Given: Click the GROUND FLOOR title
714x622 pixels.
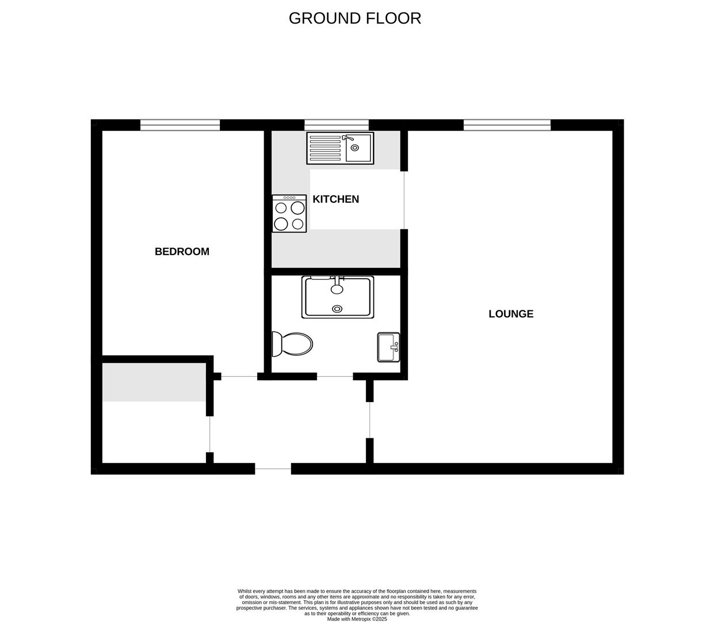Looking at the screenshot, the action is (x=355, y=18).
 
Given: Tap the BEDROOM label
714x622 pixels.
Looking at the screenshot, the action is (x=182, y=252).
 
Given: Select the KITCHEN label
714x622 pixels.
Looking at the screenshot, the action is (x=336, y=199).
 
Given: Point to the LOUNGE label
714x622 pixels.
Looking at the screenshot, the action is (x=511, y=314).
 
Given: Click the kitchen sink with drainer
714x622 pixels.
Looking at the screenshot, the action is (x=340, y=148).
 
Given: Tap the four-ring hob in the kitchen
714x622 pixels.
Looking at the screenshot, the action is (x=289, y=214).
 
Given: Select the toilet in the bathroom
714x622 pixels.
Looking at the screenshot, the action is (x=292, y=344).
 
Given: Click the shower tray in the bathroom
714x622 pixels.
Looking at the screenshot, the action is (x=338, y=297).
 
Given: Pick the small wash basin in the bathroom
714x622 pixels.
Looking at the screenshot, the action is (x=388, y=347).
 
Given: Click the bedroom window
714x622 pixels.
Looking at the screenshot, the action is (x=180, y=125).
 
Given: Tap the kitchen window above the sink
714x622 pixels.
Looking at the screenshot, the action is (x=337, y=125).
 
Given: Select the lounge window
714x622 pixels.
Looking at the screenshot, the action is (x=507, y=125).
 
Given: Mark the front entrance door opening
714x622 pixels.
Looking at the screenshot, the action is (x=273, y=469).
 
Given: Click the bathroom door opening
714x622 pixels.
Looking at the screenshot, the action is (x=335, y=377).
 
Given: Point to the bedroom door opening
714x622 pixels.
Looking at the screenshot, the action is (x=239, y=377).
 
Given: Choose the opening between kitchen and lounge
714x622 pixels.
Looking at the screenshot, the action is (x=404, y=200).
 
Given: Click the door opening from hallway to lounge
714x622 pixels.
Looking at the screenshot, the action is (x=370, y=420).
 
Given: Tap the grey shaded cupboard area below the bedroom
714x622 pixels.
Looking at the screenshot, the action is (x=154, y=382).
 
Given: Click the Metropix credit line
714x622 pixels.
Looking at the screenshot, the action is (x=357, y=619).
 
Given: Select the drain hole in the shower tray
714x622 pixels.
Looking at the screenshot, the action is (x=337, y=309).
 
